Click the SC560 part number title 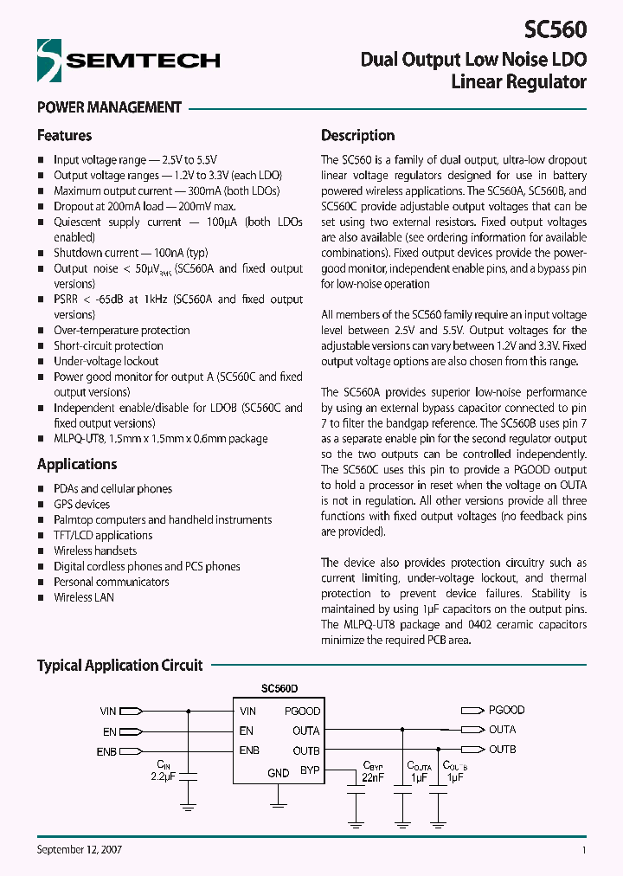pos(556,29)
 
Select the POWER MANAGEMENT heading pos(109,108)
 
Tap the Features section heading pos(64,136)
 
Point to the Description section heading pos(357,136)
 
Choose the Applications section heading pos(77,464)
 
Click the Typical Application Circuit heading pos(119,666)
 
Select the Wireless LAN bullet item pos(84,597)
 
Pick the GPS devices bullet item pos(81,504)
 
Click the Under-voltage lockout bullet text pos(106,361)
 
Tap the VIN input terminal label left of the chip pos(107,712)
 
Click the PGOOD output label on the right pos(506,710)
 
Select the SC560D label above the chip pos(279,689)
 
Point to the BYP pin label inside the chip pos(310,770)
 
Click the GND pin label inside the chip pos(278,773)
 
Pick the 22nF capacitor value pos(372,776)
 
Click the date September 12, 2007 pos(79,850)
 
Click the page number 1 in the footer pos(584,850)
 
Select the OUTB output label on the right pos(502,750)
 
